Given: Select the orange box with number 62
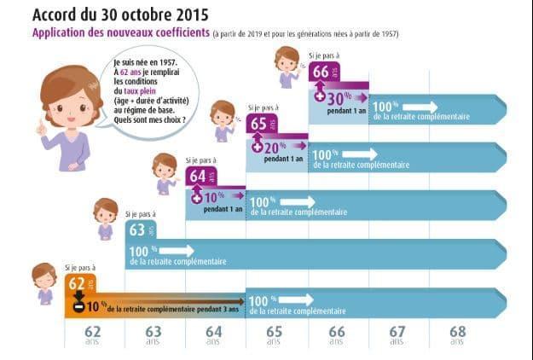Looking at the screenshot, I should (x=80, y=284).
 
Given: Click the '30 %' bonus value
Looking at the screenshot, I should (x=342, y=98).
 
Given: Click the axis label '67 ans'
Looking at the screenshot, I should (x=397, y=334).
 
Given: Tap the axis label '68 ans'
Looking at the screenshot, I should (x=458, y=334).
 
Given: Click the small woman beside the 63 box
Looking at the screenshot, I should (x=106, y=218).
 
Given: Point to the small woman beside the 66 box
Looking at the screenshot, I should (x=287, y=65).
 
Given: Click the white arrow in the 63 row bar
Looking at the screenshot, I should (x=174, y=250).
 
